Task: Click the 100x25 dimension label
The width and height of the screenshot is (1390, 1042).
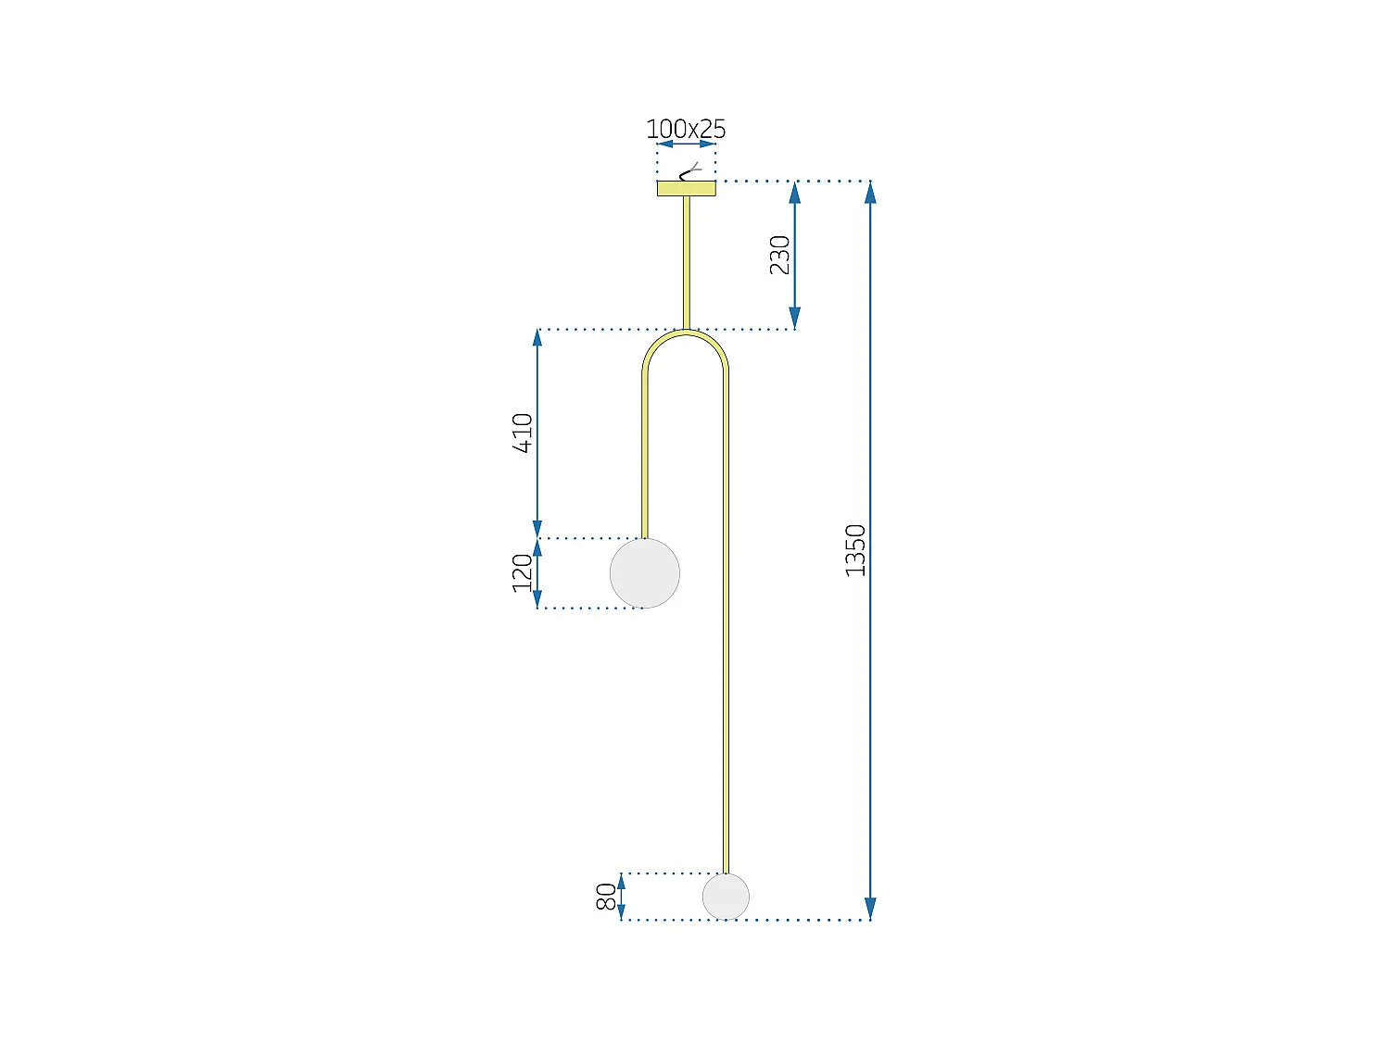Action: pos(686,129)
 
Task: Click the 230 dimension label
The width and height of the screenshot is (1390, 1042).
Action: pos(780,255)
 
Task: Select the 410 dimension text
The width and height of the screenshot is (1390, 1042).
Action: pos(523,433)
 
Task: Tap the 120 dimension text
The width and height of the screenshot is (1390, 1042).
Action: pos(523,572)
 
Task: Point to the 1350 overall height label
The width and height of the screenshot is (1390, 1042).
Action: pos(855,550)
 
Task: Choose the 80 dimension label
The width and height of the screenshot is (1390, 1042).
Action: pos(605,897)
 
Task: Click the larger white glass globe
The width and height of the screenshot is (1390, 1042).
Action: pos(645,573)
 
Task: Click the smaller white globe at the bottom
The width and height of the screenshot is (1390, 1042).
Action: pos(726,897)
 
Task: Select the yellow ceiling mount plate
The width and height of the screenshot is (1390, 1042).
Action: pos(686,189)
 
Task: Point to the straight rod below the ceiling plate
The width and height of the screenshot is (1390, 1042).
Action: pos(687,262)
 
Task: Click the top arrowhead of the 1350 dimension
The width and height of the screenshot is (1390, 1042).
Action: pos(870,192)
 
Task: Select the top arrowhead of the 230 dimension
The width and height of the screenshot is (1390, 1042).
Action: pos(794,193)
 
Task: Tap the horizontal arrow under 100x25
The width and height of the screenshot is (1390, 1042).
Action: pos(686,144)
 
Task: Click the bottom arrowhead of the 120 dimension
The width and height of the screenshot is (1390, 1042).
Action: pos(537,599)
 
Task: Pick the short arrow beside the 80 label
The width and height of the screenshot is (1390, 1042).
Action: pos(622,897)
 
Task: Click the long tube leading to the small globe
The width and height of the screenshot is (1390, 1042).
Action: pos(726,630)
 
